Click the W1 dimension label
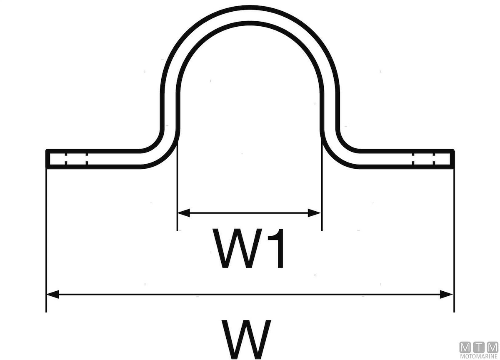click(x=249, y=248)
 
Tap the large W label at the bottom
click(x=246, y=339)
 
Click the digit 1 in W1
click(x=276, y=248)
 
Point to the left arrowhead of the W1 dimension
click(x=183, y=213)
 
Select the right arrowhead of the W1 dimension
click(x=314, y=213)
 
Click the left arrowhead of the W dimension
click(x=52, y=295)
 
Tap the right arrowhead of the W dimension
click(x=446, y=295)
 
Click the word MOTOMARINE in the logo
click(x=479, y=356)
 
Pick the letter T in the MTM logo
click(x=479, y=347)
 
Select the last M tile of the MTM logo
click(x=492, y=347)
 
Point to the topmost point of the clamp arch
click(x=250, y=7)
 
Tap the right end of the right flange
click(x=452, y=159)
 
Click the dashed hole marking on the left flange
click(x=76, y=159)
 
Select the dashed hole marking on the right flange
click(x=423, y=159)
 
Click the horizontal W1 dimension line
click(x=249, y=213)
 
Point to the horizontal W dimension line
click(x=250, y=295)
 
